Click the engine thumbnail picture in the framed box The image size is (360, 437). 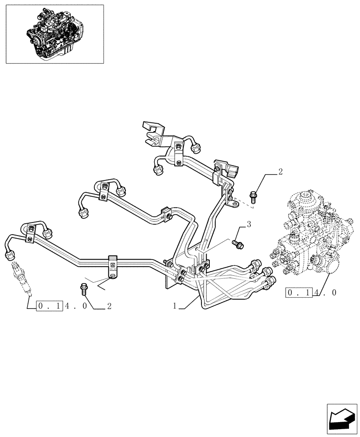click(55, 35)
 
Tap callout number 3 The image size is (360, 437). click(248, 225)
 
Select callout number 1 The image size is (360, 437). click(175, 306)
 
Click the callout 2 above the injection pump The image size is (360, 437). click(280, 171)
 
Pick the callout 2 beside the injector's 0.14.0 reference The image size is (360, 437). click(109, 306)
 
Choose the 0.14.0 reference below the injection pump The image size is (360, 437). click(312, 292)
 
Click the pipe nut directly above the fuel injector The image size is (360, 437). click(10, 255)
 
